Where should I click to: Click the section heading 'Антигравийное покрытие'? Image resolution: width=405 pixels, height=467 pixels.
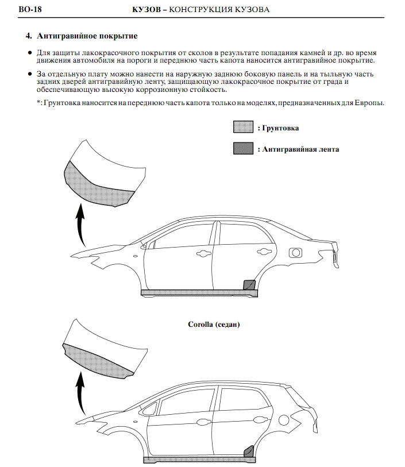(87, 36)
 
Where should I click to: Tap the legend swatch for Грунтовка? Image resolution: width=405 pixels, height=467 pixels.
(244, 127)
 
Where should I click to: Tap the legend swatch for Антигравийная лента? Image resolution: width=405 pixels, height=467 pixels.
(244, 148)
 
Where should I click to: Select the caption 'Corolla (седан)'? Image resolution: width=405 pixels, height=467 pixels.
(214, 325)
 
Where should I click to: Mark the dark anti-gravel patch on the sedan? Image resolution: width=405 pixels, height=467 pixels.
(249, 284)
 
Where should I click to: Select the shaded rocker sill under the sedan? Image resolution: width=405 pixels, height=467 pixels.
(195, 292)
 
